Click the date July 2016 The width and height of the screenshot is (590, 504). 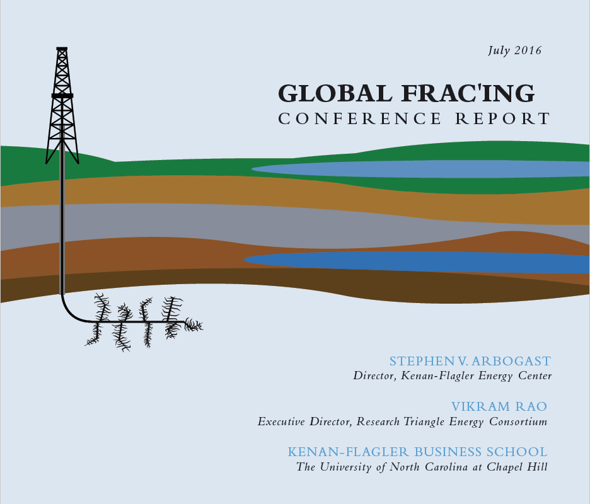pyautogui.click(x=514, y=51)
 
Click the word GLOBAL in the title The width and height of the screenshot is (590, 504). pyautogui.click(x=335, y=93)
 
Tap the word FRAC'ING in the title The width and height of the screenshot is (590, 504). pyautogui.click(x=468, y=93)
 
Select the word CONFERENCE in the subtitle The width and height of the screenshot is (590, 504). pyautogui.click(x=359, y=119)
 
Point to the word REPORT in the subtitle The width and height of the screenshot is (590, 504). pyautogui.click(x=503, y=119)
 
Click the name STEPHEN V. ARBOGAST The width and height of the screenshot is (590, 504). pyautogui.click(x=470, y=361)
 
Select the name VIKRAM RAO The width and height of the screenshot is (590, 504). pyautogui.click(x=499, y=406)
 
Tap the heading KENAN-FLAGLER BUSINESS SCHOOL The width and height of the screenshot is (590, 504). pyautogui.click(x=417, y=452)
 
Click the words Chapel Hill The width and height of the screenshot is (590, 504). pyautogui.click(x=517, y=467)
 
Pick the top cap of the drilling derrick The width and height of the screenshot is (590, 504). pyautogui.click(x=62, y=49)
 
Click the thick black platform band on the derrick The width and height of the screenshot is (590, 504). pyautogui.click(x=62, y=96)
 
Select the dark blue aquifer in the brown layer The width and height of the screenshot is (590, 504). pyautogui.click(x=417, y=262)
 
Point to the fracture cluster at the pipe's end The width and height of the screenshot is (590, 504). pyautogui.click(x=194, y=324)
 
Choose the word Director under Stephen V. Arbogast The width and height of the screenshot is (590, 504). pyautogui.click(x=374, y=376)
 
